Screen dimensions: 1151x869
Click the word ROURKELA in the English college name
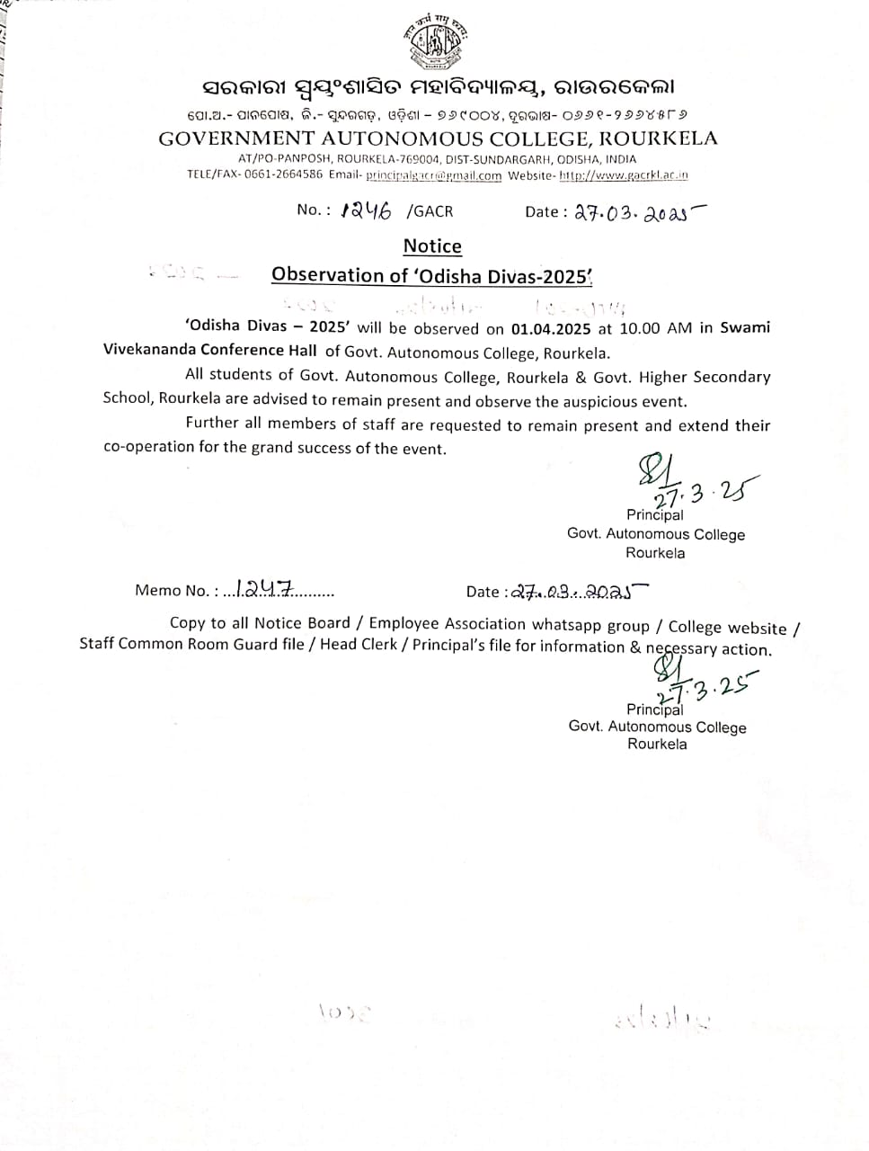pyautogui.click(x=658, y=138)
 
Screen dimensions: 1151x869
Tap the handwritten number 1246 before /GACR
pyautogui.click(x=367, y=210)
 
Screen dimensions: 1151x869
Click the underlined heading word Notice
pyautogui.click(x=432, y=246)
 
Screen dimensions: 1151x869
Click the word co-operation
pyautogui.click(x=149, y=447)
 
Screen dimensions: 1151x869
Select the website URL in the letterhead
pyautogui.click(x=624, y=175)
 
